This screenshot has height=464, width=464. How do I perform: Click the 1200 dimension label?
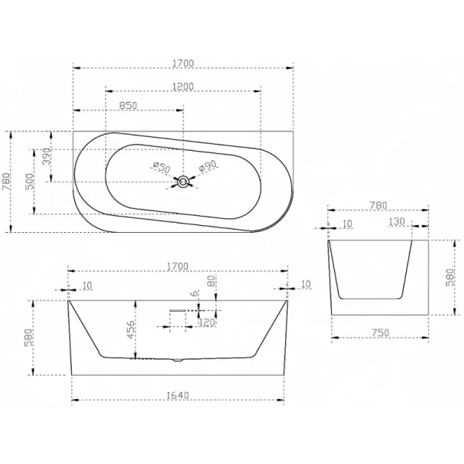[x=183, y=87]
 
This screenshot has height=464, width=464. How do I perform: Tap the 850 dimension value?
[x=128, y=106]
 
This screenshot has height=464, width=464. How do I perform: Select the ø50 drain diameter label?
[x=162, y=168]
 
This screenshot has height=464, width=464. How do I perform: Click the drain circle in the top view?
[x=183, y=182]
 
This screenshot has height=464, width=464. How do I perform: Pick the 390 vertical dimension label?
[x=46, y=157]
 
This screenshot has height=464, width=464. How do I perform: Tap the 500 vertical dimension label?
[x=30, y=182]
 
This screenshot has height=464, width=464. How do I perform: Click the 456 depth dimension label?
[x=131, y=329]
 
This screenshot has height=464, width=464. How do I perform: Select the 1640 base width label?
[x=178, y=395]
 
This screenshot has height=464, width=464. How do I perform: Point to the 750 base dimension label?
[x=380, y=333]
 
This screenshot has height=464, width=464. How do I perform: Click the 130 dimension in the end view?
[x=397, y=222]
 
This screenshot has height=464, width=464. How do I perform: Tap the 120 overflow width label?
[x=206, y=322]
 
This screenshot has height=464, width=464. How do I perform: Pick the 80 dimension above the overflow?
[x=211, y=281]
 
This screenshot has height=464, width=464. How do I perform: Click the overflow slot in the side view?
[x=177, y=310]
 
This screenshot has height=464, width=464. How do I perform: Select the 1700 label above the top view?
[x=183, y=63]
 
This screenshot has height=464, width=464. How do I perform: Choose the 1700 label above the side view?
[x=178, y=267]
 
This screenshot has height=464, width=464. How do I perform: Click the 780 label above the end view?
[x=378, y=205]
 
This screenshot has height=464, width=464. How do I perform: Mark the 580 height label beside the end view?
[x=449, y=278]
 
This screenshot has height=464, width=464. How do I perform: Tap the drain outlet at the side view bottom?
[x=178, y=360]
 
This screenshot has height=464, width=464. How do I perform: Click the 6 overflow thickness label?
[x=194, y=294]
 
